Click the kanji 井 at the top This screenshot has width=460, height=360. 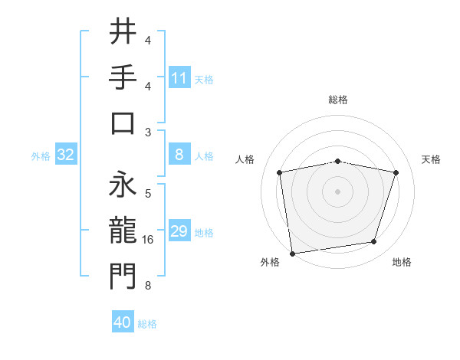click(123, 31)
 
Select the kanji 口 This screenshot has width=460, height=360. click(123, 123)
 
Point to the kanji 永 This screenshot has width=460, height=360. click(123, 182)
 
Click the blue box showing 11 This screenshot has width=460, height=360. click(179, 77)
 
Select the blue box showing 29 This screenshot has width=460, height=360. click(179, 231)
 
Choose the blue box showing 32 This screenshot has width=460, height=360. click(66, 155)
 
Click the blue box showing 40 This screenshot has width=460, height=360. click(123, 322)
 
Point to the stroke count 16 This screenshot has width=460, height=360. click(149, 240)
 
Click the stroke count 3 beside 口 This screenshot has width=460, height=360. click(148, 133)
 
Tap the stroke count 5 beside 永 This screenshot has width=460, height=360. click(148, 193)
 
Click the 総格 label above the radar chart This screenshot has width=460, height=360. click(338, 100)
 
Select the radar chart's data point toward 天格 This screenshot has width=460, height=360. click(396, 172)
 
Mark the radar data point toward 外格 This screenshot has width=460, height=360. click(291, 253)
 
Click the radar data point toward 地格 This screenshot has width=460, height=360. click(374, 242)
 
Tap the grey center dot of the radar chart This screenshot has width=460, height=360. click(337, 191)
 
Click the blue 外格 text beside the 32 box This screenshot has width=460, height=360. click(41, 156)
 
